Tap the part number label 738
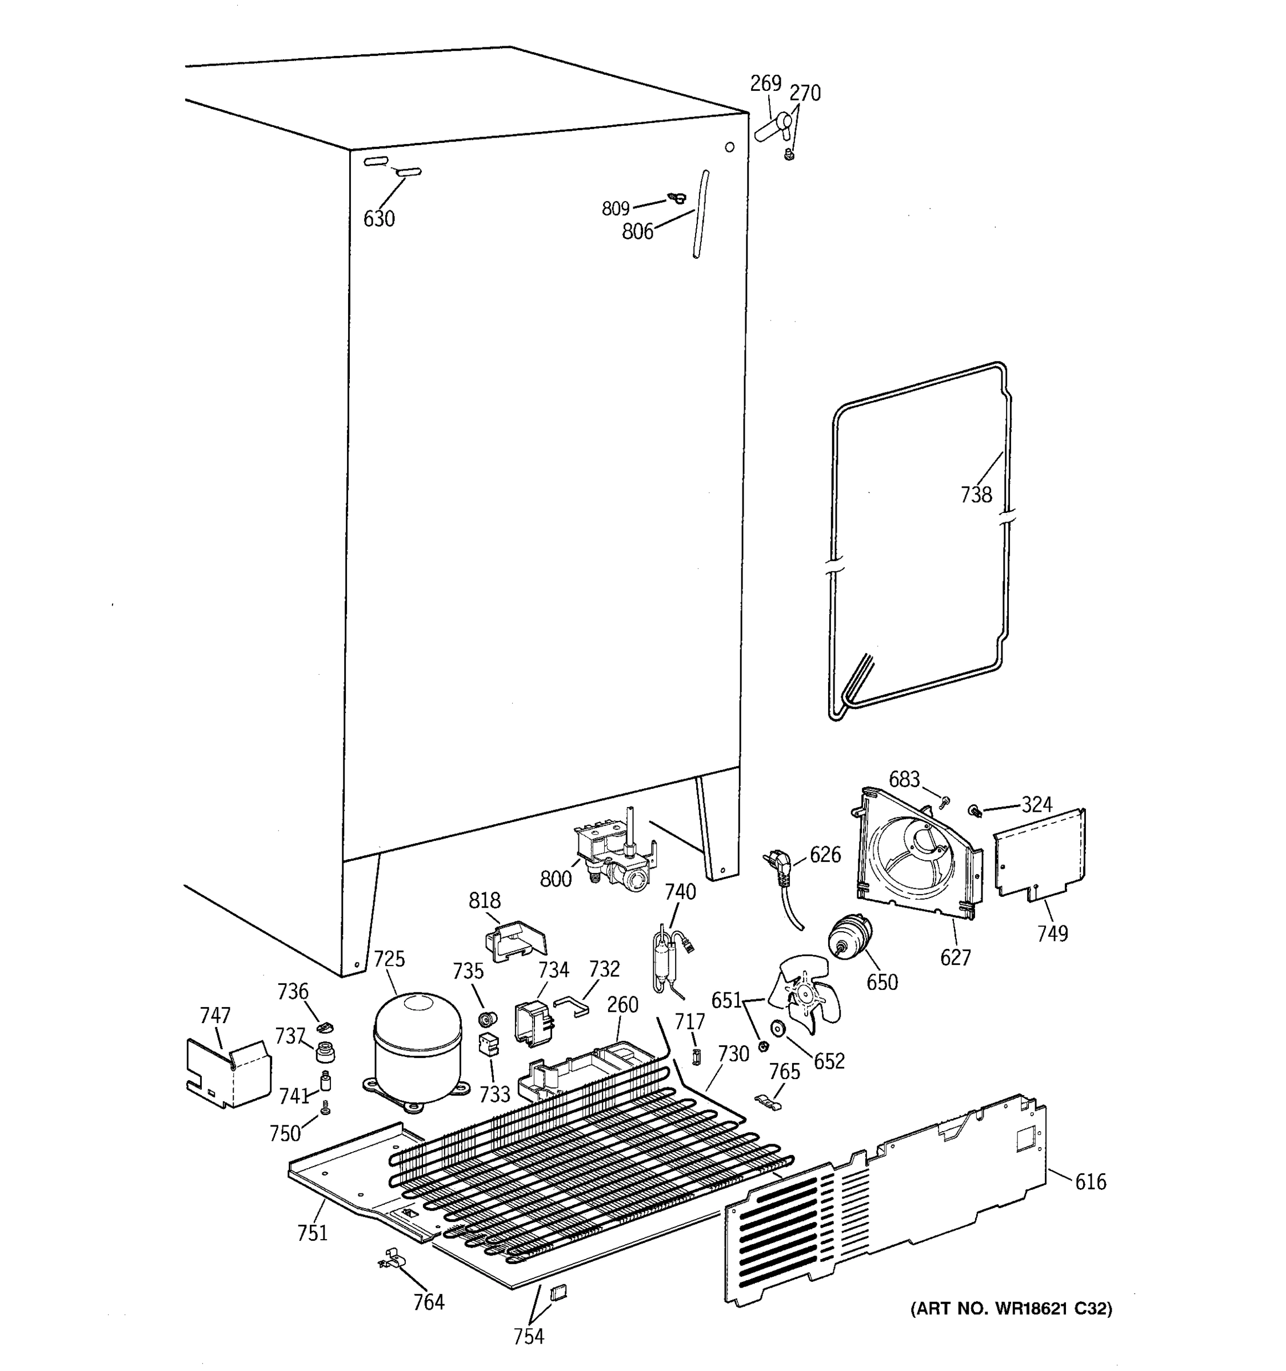(976, 495)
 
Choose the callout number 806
(637, 232)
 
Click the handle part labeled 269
(772, 127)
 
